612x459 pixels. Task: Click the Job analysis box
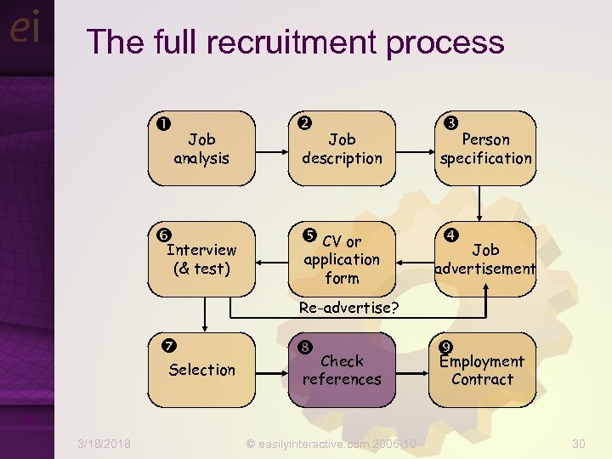coord(201,148)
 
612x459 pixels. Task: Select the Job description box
coord(342,148)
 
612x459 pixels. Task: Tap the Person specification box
coord(485,148)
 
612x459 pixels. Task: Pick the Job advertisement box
coord(485,259)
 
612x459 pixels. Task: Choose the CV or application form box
coord(342,259)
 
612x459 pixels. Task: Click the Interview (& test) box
coord(201,259)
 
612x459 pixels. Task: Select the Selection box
coord(201,370)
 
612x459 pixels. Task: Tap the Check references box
coord(342,370)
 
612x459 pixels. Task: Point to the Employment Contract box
coord(482,370)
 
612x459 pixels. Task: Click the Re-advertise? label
coord(349,307)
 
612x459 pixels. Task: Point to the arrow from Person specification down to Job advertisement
coord(480,204)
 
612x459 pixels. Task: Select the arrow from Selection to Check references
coord(271,370)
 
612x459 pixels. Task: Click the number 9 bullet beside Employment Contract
coord(445,346)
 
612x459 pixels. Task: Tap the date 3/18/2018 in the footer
coord(104,444)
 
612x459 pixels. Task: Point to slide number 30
coord(579,444)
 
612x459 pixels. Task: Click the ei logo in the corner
coord(25,29)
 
